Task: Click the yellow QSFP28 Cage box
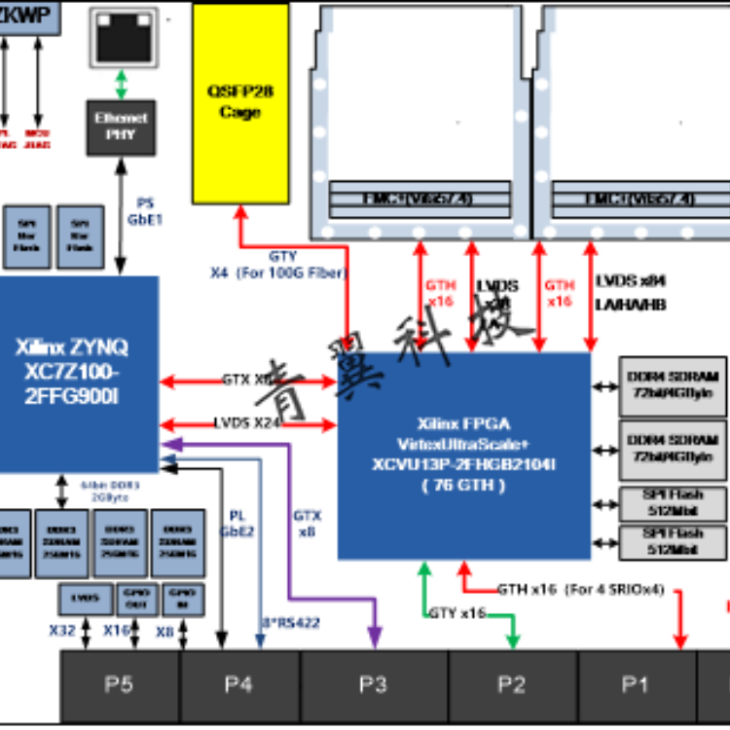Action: [240, 103]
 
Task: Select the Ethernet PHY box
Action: [121, 128]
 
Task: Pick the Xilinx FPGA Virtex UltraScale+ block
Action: [464, 456]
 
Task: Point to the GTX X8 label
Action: [247, 381]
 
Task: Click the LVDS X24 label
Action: [247, 423]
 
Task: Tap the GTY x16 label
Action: [457, 613]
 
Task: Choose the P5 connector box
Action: [119, 685]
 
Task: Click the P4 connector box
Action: [238, 685]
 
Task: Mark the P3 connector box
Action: [374, 685]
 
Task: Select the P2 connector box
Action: [512, 685]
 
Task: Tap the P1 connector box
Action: [636, 685]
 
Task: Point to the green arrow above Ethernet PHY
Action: [121, 85]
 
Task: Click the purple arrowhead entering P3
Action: [374, 639]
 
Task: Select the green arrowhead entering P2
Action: [512, 639]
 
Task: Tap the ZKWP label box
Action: [28, 16]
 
